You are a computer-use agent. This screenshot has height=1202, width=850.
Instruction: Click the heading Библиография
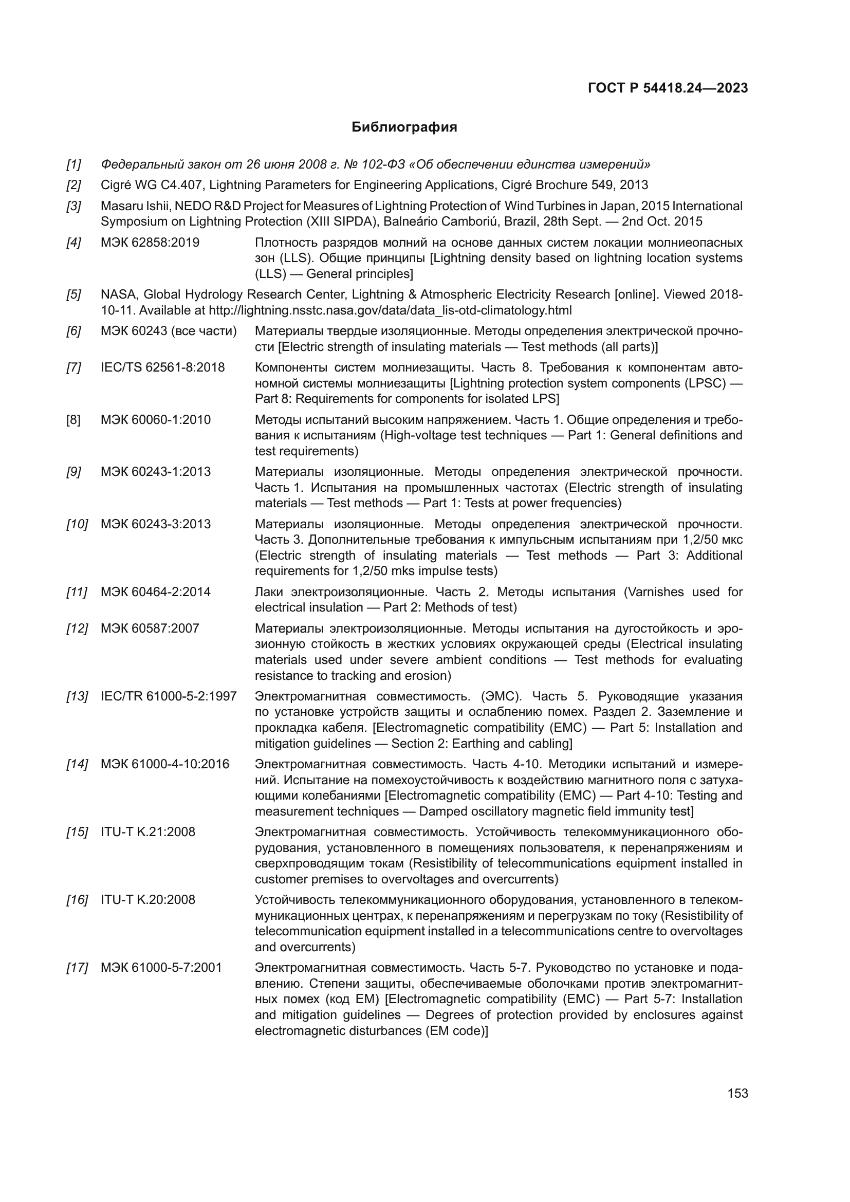coord(404,127)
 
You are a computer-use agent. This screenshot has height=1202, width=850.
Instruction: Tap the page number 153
coord(737,1093)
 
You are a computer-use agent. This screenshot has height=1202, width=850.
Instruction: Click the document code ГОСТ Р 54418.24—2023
coord(668,88)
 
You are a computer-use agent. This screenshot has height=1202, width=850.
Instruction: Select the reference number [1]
coord(74,164)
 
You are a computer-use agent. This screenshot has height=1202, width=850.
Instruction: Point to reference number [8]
coord(73,420)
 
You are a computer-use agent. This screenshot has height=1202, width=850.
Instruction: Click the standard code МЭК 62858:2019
coord(150,243)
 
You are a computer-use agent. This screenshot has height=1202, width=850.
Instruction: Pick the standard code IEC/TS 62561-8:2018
coord(162,367)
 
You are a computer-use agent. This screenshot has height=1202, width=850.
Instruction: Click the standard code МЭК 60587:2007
coord(150,628)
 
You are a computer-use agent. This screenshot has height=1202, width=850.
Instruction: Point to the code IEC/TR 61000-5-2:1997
coord(169,696)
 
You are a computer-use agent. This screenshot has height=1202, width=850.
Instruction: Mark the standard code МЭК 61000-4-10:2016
coord(165,764)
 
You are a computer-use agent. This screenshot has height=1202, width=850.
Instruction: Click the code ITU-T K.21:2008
coord(147,832)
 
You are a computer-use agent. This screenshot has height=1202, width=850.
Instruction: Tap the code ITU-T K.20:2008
coord(147,900)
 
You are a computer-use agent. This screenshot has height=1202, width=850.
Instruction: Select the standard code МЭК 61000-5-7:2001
coord(161,968)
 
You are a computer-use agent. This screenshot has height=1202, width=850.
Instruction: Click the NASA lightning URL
coord(390,310)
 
